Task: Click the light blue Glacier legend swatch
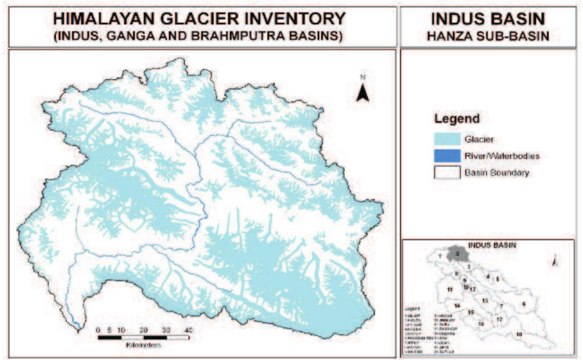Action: tap(447, 139)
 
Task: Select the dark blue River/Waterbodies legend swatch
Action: tap(447, 156)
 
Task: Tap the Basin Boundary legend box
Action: tap(447, 173)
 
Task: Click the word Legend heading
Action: tap(457, 119)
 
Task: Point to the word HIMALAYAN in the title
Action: tap(104, 19)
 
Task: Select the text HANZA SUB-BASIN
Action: tap(488, 36)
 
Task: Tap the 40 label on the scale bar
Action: tap(188, 330)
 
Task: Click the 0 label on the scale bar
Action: tap(98, 330)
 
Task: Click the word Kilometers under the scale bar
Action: tap(143, 345)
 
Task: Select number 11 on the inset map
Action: tap(450, 289)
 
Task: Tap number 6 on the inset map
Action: tap(524, 304)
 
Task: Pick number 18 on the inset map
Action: tap(519, 334)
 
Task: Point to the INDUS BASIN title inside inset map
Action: tap(492, 245)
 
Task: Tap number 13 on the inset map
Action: tap(485, 301)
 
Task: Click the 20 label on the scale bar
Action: tap(143, 330)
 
